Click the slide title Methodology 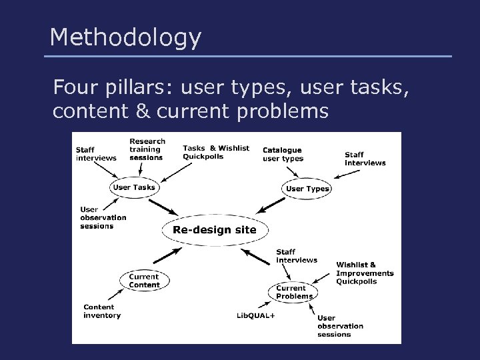click(125, 38)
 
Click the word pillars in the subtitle click(140, 87)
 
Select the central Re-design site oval click(214, 229)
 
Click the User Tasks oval click(134, 188)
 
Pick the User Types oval click(307, 189)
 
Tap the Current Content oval click(144, 281)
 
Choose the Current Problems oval click(294, 292)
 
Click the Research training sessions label click(147, 149)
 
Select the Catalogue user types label click(283, 154)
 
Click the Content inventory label click(102, 311)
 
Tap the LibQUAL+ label click(255, 315)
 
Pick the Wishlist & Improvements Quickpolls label click(365, 273)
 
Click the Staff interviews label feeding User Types click(365, 159)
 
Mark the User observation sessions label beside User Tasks click(103, 217)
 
